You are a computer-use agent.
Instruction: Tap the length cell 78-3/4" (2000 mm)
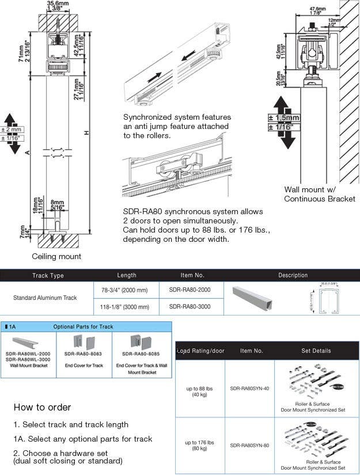[x=126, y=290]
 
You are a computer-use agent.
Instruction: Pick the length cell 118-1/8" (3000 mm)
[x=126, y=307]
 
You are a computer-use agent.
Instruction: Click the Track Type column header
[x=48, y=275]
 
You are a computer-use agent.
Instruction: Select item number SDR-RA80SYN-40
[x=249, y=389]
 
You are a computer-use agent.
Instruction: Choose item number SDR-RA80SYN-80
[x=249, y=445]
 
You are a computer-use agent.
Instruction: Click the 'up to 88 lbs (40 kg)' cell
[x=200, y=392]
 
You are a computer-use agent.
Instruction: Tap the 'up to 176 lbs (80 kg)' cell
[x=200, y=445]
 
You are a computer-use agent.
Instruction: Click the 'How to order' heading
[x=42, y=407]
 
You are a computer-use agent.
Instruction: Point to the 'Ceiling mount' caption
[x=56, y=256]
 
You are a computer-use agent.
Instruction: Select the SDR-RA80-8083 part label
[x=84, y=354]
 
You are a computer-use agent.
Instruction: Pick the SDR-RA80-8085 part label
[x=142, y=354]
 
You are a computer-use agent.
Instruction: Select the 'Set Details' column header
[x=316, y=351]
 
